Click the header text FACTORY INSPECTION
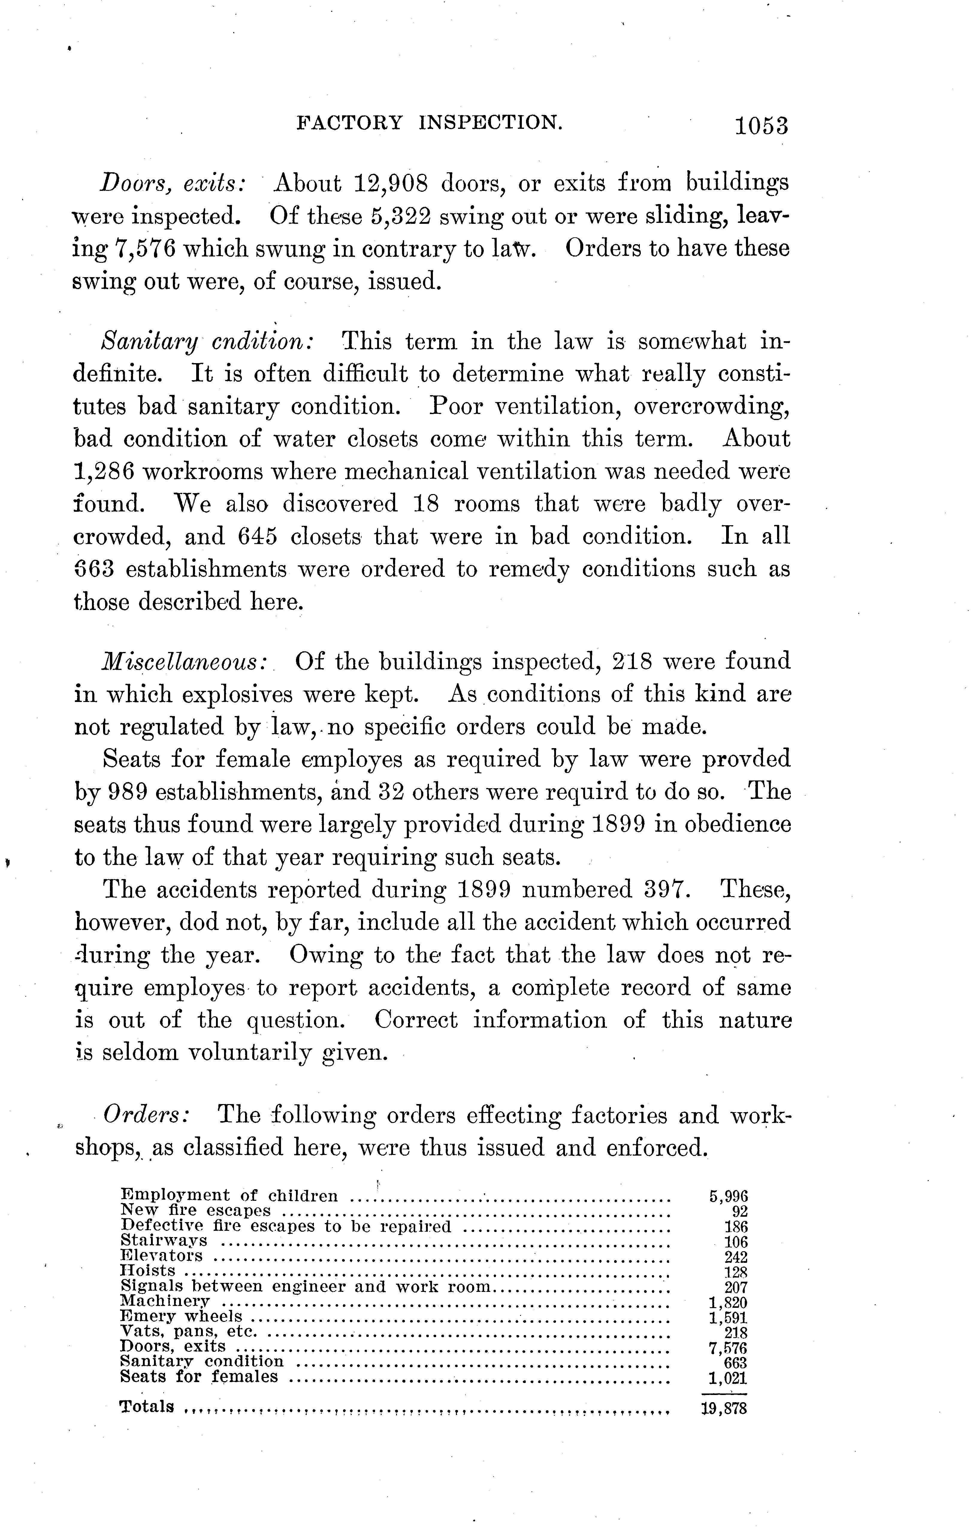pyautogui.click(x=429, y=122)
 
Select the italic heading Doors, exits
pyautogui.click(x=173, y=183)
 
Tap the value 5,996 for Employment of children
pyautogui.click(x=728, y=1196)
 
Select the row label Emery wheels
pyautogui.click(x=181, y=1317)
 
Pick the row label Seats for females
pyautogui.click(x=199, y=1377)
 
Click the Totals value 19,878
pyautogui.click(x=724, y=1409)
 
